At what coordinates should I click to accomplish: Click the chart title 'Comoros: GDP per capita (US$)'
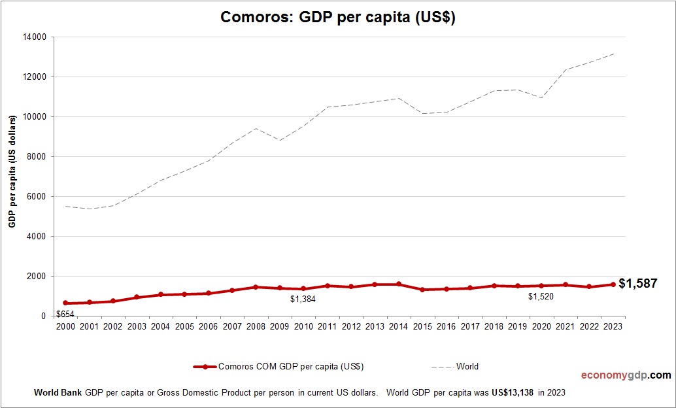pos(338,18)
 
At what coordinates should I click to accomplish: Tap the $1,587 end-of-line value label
pos(637,283)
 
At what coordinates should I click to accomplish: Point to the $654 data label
pos(64,314)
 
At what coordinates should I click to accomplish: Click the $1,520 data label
pos(541,296)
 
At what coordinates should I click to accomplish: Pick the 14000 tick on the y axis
pos(34,37)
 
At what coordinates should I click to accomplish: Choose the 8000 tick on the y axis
pos(36,157)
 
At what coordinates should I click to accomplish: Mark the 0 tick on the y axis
pos(43,316)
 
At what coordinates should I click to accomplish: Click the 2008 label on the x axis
pos(256,326)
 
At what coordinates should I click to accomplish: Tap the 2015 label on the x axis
pos(422,326)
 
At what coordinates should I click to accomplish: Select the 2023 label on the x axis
pos(613,326)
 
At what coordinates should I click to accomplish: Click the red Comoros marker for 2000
pos(65,303)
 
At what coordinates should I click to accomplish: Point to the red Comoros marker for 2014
pos(398,284)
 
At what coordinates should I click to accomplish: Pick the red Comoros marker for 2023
pos(613,284)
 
